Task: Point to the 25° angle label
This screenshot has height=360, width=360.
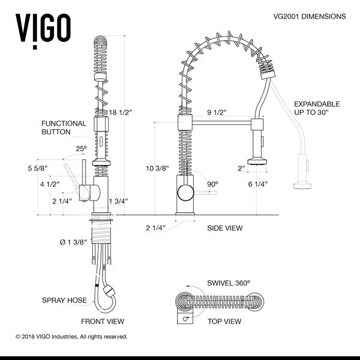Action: click(81, 148)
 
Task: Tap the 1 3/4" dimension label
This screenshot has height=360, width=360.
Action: click(118, 201)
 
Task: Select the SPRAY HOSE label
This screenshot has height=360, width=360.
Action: click(64, 300)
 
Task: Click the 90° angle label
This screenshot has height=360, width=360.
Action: click(212, 184)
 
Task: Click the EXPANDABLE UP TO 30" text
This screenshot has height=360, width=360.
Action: click(317, 109)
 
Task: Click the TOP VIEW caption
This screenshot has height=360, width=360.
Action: click(224, 322)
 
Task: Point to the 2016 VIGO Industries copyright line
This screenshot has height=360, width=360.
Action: click(71, 337)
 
